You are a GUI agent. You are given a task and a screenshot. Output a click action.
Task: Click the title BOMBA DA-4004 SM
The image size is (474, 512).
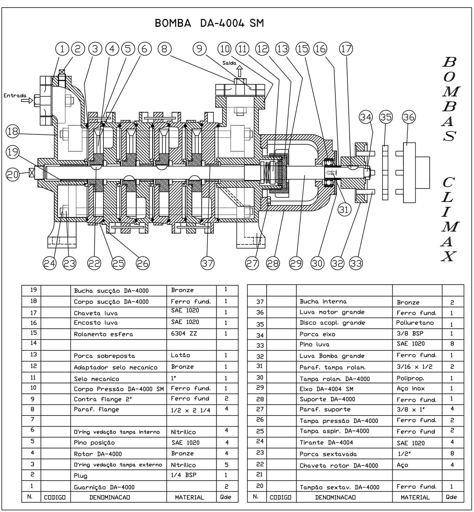pos(209,23)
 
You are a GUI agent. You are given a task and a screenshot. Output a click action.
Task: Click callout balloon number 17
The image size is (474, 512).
pos(346,49)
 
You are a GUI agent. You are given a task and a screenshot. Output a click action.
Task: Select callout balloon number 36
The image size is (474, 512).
pos(409,117)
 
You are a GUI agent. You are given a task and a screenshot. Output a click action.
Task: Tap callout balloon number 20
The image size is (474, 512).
pos(13,174)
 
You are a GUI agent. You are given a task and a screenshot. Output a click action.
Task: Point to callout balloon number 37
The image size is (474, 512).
pos(207,263)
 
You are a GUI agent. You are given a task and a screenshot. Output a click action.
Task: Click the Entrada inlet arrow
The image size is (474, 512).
pos(27,100)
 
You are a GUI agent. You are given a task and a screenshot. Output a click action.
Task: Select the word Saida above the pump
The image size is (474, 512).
pos(229,63)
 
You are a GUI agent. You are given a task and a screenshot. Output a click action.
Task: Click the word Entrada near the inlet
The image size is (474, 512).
pos(15,96)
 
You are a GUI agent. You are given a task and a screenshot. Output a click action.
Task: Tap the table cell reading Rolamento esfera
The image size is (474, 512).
pos(103,334)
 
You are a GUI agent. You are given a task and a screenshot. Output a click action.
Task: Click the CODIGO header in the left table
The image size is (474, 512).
pos(55,497)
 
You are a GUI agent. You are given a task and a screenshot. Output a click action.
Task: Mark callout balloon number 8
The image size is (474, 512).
pos(164,49)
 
